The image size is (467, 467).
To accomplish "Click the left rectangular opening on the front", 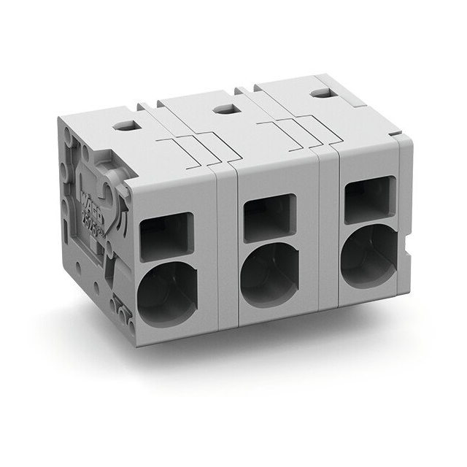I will point(166,236).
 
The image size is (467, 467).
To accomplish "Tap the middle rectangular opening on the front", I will point(269,217).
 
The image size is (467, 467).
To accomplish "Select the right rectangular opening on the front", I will point(370,200).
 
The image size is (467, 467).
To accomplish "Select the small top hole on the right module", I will point(319,93).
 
